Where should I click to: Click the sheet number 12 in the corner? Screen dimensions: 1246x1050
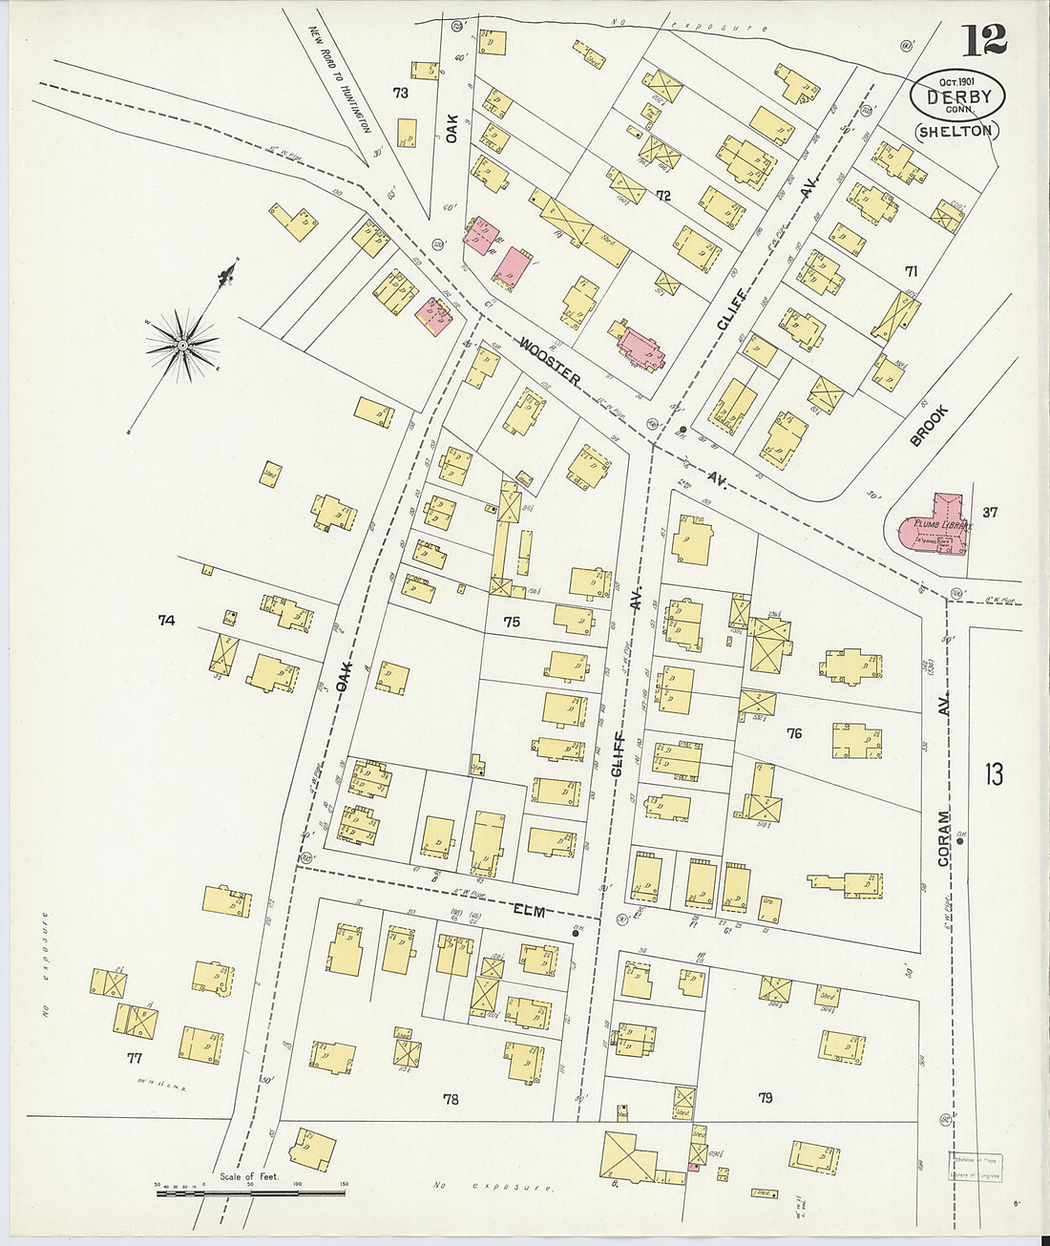point(983,40)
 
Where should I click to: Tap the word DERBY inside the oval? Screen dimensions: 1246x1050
point(957,97)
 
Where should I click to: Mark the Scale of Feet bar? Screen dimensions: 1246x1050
point(250,1191)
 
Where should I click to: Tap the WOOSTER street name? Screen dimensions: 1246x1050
point(551,360)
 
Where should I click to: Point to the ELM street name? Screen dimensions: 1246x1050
point(529,911)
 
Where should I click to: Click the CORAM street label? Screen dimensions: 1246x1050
point(944,838)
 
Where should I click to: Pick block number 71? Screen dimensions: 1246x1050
point(911,272)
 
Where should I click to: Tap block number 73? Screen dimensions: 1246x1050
point(400,93)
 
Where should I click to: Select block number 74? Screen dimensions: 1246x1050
point(167,621)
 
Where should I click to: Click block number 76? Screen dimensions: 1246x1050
point(793,733)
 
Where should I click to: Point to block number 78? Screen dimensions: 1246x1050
point(451,1099)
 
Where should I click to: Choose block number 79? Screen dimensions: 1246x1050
point(765,1098)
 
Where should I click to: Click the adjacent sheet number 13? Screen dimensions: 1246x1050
point(994,773)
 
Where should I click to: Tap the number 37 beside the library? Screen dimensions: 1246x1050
point(990,512)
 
